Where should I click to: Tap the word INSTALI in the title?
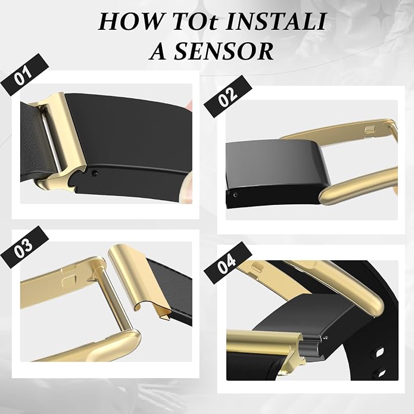(276, 21)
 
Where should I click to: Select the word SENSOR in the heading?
(224, 51)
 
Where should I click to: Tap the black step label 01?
(25, 74)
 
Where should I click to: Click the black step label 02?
(228, 96)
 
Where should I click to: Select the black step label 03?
(24, 247)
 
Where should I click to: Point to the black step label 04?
(228, 263)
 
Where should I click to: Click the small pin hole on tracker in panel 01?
(95, 173)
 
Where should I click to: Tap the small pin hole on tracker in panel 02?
(235, 195)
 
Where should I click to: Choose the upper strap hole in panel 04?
(380, 352)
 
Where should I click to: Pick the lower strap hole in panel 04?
(381, 372)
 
